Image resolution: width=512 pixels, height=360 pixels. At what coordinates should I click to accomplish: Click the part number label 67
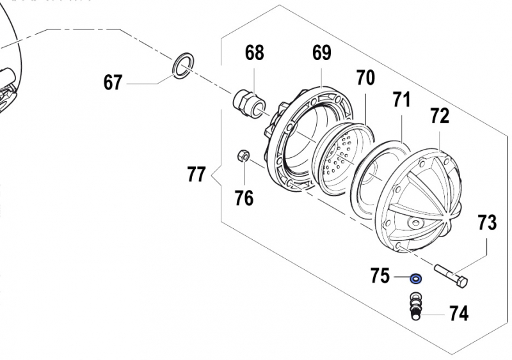(x=113, y=83)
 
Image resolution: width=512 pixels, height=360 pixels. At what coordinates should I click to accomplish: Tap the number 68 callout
(x=254, y=52)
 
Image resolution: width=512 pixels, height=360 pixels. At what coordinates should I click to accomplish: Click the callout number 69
(x=321, y=52)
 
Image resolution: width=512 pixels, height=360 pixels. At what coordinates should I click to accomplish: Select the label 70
(x=365, y=78)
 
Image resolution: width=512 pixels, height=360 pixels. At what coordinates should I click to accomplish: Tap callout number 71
(x=401, y=100)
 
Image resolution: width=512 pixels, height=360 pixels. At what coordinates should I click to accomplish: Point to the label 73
(x=486, y=223)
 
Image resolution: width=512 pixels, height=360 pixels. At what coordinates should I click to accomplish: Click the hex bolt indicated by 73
(x=452, y=274)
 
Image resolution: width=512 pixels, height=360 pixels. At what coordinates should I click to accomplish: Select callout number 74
(x=458, y=314)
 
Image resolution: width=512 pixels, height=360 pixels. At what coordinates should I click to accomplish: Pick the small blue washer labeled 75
(x=416, y=278)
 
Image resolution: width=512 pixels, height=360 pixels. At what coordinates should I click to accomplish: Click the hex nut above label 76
(x=243, y=155)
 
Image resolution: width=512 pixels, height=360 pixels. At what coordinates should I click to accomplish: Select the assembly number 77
(x=196, y=174)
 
